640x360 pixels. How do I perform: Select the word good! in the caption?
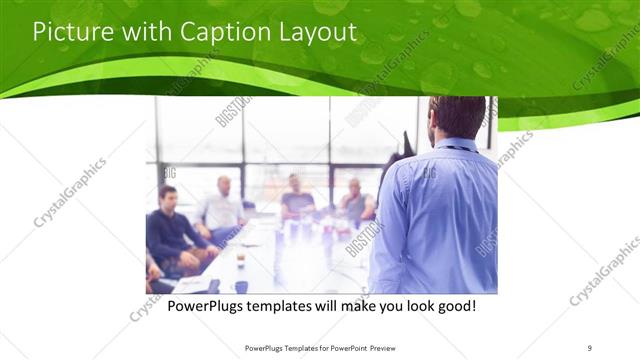(455, 304)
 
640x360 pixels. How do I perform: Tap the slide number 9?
(590, 347)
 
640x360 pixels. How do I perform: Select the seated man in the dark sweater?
(170, 226)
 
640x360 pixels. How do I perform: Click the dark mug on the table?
(241, 287)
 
